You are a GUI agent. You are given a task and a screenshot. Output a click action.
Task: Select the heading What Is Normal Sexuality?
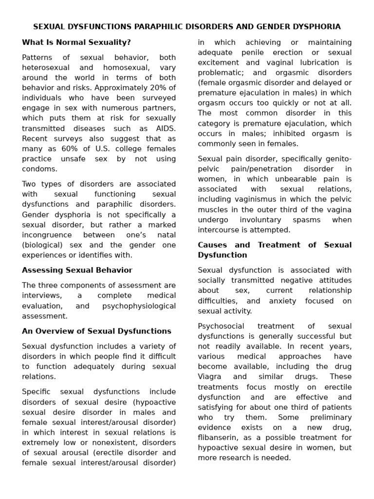point(76,42)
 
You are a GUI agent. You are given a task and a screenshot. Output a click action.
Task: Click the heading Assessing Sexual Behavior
point(77,270)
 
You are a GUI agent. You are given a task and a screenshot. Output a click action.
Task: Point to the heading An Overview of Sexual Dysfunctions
point(96,331)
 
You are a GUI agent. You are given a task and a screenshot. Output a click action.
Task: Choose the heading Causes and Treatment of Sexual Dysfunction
point(275,250)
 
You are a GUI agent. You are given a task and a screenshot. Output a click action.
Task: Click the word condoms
point(39,169)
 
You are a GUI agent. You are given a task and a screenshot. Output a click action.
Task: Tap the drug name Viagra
point(209,376)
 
